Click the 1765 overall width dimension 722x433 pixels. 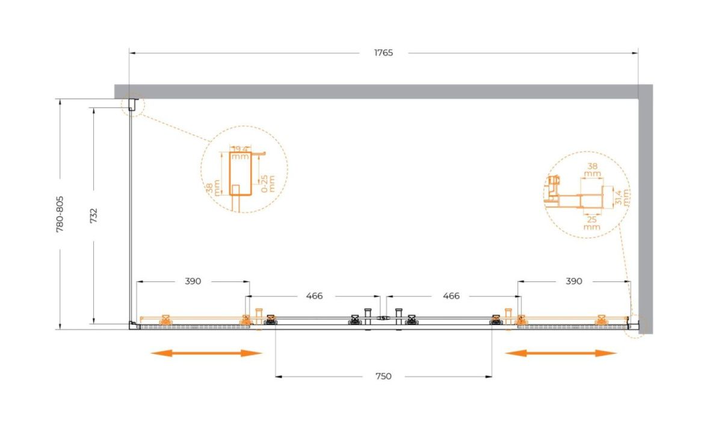pos(383,52)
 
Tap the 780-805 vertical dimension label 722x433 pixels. pos(60,214)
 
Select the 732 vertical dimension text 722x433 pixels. pos(93,215)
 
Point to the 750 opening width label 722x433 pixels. pos(383,376)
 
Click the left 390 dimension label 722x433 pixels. pos(193,281)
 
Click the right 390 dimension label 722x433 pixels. pos(574,281)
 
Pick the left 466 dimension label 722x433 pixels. pos(314,296)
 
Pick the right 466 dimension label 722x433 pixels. pos(451,296)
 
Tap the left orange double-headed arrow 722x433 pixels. pos(206,353)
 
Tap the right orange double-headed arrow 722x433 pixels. pos(561,353)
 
